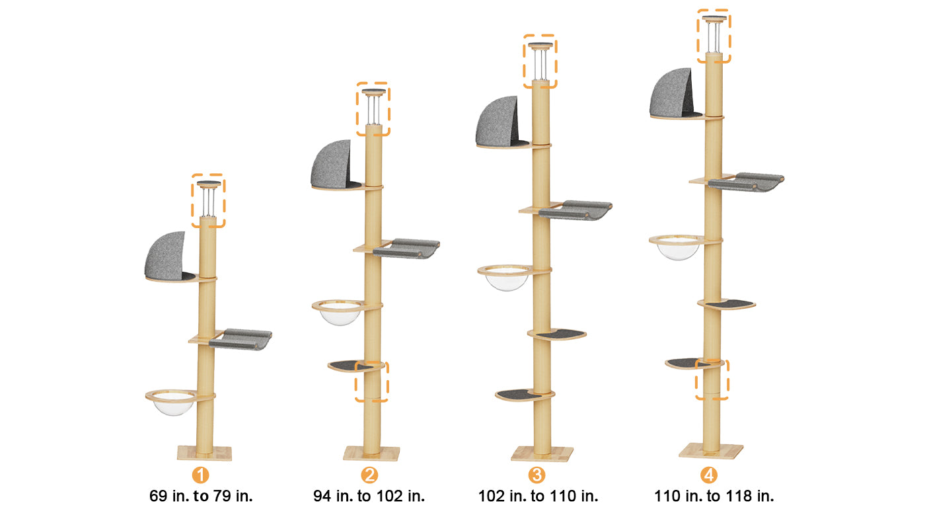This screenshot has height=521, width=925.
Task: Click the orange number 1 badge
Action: click(200, 475)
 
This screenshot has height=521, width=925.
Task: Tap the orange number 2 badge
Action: click(369, 475)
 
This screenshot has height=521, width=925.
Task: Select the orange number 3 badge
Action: click(536, 475)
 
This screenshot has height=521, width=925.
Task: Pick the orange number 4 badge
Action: click(708, 475)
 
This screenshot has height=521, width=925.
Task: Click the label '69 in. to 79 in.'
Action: click(201, 496)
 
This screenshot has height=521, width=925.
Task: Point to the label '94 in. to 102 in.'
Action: click(369, 496)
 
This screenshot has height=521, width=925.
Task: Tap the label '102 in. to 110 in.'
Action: click(538, 496)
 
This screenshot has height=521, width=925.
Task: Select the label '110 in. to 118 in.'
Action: click(714, 496)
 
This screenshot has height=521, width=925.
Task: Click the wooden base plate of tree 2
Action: click(371, 454)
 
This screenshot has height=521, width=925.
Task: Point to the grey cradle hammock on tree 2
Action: click(406, 249)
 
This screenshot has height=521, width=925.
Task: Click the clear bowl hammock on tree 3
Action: click(506, 277)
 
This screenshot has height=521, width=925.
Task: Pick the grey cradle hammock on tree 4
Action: click(746, 182)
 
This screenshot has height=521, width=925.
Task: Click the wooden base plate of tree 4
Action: click(711, 451)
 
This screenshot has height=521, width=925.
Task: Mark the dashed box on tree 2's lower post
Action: click(371, 381)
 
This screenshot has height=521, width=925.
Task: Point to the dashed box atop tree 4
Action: click(714, 36)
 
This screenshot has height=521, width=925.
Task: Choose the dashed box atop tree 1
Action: click(208, 201)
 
